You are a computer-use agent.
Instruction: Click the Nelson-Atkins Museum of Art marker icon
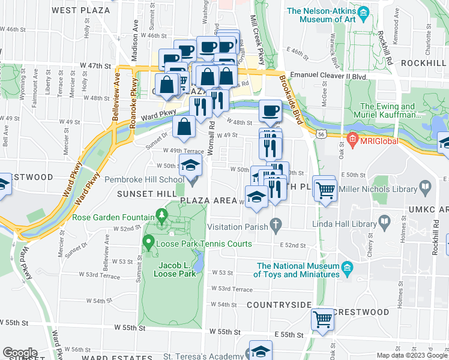[363, 13]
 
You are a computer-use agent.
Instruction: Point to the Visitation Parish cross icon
[276, 227]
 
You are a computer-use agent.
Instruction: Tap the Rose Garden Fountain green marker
[161, 215]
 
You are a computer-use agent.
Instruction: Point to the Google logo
[20, 353]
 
